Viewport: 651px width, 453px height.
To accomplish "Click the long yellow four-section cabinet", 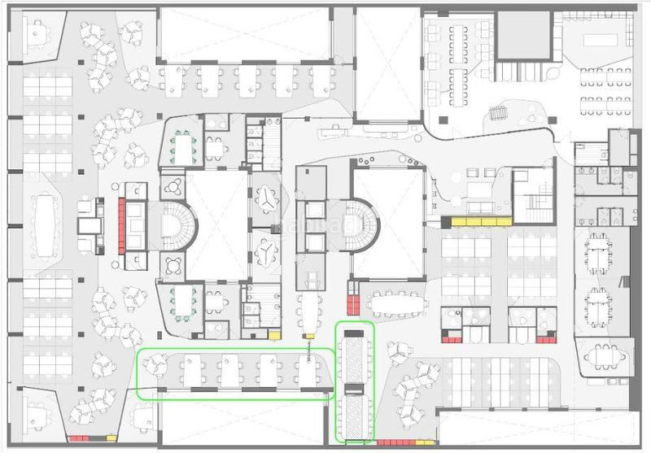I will pyautogui.click(x=475, y=221).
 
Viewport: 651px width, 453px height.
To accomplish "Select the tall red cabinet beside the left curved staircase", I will pyautogui.click(x=121, y=224).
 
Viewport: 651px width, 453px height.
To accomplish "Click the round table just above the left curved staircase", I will pyautogui.click(x=173, y=183).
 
